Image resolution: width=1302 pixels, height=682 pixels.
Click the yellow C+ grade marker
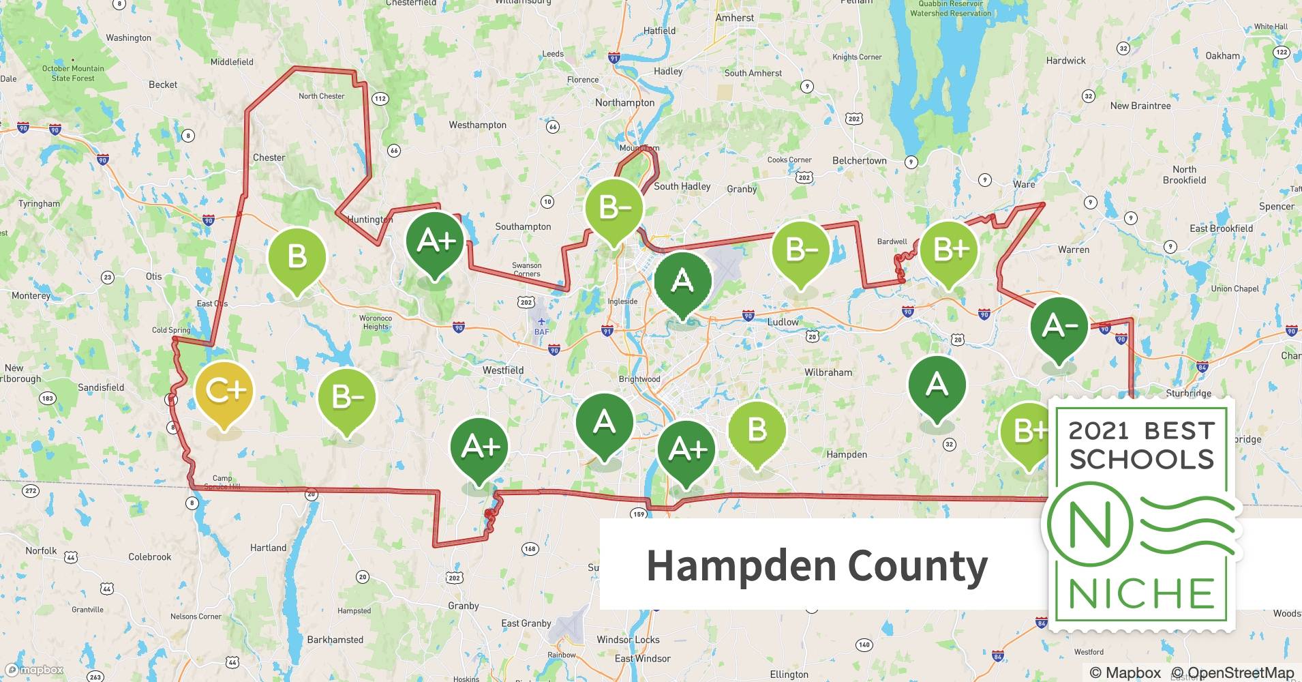(224, 391)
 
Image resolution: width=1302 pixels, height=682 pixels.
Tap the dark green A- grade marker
(1059, 327)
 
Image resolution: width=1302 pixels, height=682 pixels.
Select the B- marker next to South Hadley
(614, 207)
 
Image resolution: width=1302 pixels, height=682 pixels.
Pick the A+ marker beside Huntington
(434, 241)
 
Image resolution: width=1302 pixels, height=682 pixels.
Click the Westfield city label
(503, 370)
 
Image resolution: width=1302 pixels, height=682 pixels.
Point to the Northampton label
(624, 103)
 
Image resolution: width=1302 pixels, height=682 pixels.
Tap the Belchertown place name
(859, 161)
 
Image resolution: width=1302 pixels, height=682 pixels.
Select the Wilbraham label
(828, 372)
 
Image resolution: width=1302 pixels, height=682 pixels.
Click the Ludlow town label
(783, 322)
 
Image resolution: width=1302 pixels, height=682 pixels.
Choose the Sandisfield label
(101, 387)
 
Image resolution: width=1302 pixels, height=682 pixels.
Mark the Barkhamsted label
(335, 640)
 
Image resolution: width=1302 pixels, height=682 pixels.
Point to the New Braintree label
(1140, 106)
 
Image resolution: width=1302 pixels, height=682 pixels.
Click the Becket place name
(163, 85)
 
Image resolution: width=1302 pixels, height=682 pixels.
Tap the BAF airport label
(541, 332)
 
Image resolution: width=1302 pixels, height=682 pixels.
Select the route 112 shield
(380, 99)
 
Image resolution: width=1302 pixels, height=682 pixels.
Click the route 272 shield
(31, 490)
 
